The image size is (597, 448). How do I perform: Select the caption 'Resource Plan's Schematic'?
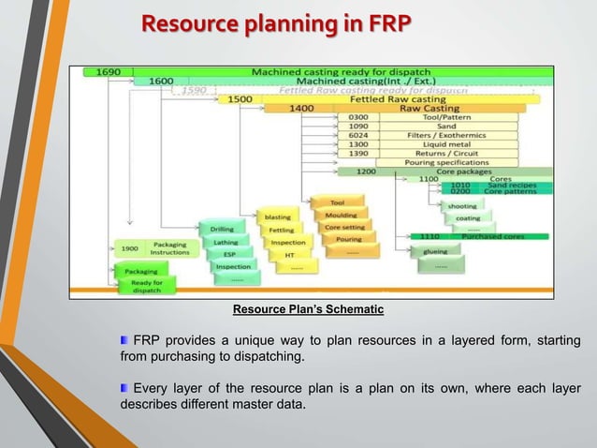308,309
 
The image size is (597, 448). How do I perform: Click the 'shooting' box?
462,206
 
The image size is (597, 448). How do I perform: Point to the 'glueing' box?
435,251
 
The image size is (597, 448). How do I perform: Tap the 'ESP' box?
230,254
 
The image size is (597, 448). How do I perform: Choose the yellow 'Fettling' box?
282,230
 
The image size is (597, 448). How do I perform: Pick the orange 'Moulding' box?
334,215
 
